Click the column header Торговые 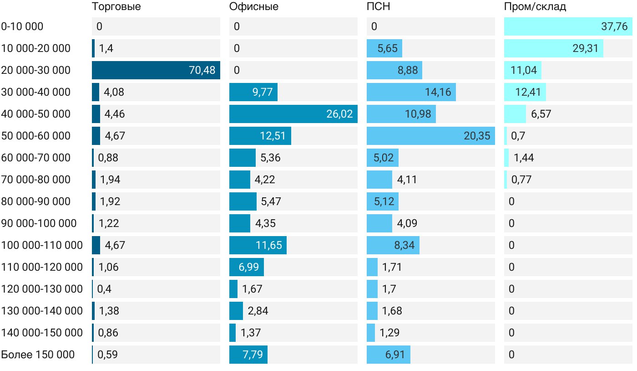(116, 7)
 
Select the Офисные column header (254, 7)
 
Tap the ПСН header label (379, 7)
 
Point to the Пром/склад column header (535, 7)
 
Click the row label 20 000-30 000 (36, 70)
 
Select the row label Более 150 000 (38, 355)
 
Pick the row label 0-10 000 (22, 26)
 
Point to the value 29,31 (586, 48)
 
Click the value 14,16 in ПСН (438, 92)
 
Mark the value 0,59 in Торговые (108, 355)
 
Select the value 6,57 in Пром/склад (541, 114)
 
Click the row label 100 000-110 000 (42, 245)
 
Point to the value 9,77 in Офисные (263, 92)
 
